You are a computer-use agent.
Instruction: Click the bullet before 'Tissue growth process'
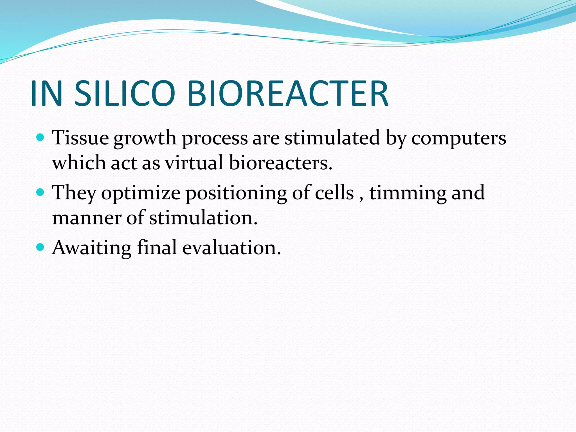point(41,138)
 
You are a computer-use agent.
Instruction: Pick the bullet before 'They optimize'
point(41,192)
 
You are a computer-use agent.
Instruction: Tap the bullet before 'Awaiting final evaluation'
point(41,247)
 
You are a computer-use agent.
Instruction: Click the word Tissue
point(80,138)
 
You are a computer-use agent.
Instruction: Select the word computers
point(458,138)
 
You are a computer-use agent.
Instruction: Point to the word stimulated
point(332,138)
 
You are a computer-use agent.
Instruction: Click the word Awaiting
point(92,248)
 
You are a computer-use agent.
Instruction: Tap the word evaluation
point(231,247)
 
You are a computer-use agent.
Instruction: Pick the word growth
point(145,138)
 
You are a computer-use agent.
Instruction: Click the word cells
point(334,193)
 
